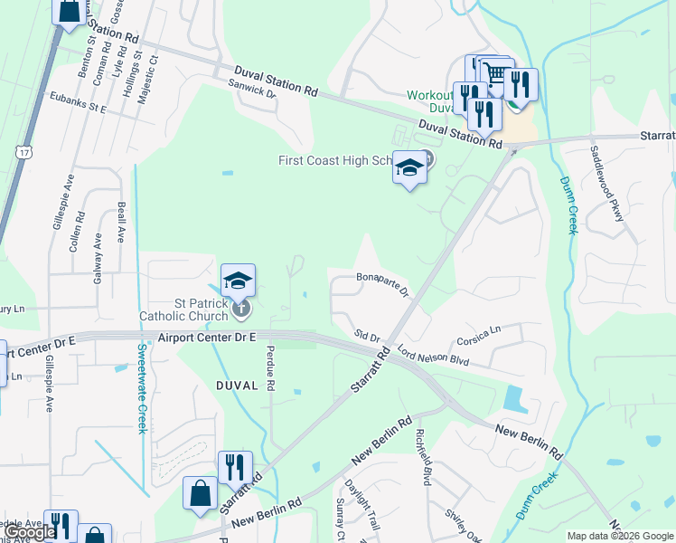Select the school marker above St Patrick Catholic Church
pyautogui.click(x=238, y=281)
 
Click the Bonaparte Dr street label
pyautogui.click(x=383, y=283)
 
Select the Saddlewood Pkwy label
pyautogui.click(x=606, y=185)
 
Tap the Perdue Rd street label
pyautogui.click(x=269, y=369)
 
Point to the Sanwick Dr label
pyautogui.click(x=251, y=88)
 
